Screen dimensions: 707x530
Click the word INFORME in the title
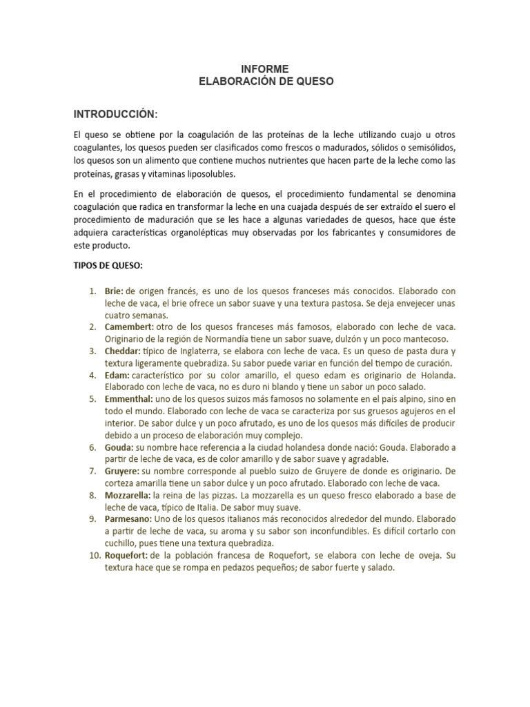[x=265, y=68]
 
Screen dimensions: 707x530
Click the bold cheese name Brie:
[x=114, y=291]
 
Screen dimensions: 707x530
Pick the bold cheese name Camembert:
[x=129, y=327]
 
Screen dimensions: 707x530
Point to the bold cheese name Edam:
[x=117, y=375]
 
